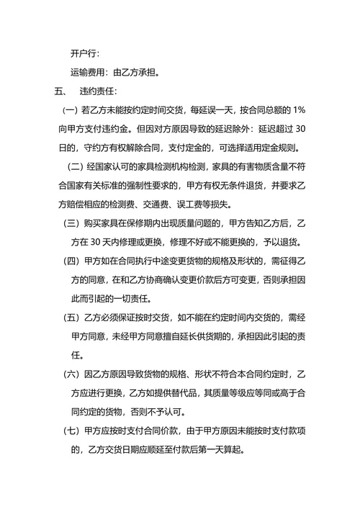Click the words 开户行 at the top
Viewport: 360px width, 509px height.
click(x=84, y=53)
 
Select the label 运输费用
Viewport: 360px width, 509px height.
click(x=89, y=72)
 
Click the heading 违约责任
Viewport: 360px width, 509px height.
click(x=99, y=91)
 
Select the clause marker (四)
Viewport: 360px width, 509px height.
click(x=71, y=260)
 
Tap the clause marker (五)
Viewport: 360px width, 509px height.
click(x=71, y=316)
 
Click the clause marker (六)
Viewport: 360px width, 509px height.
click(x=71, y=374)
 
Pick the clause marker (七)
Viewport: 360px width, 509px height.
click(x=71, y=431)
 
